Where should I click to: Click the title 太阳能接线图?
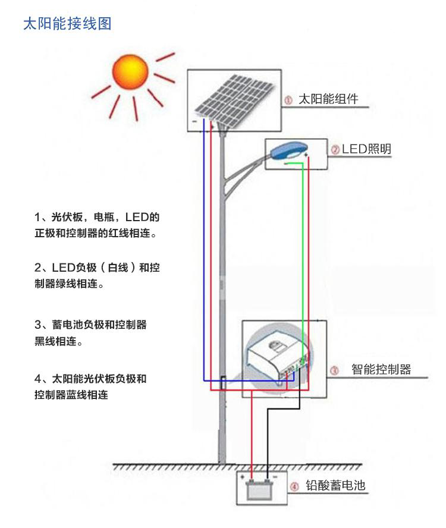pos(67,24)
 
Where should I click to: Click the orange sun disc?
pos(130,71)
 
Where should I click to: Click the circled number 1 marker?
pos(288,100)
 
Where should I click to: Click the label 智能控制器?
pos(381,369)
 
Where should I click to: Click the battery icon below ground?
pos(260,491)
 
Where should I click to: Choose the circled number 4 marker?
pos(294,488)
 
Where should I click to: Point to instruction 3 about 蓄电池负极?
pos(90,333)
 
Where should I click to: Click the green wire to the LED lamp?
pos(303,250)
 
